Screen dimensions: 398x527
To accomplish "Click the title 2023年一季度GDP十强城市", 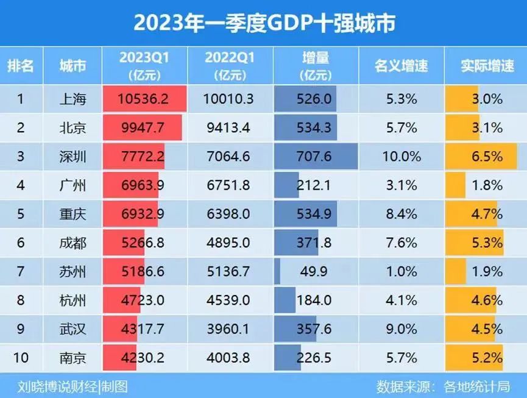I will tap(263, 23).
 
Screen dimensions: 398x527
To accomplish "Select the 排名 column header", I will tap(20, 66).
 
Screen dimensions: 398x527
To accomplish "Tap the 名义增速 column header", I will tap(401, 66).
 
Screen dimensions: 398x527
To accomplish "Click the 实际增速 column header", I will tap(487, 66).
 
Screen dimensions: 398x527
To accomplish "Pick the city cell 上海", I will tap(73, 99).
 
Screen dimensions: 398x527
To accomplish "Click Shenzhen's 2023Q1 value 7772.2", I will tap(142, 157).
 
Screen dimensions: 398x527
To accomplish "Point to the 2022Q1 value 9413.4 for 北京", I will tap(230, 128).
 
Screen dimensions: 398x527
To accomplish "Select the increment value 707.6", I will tap(315, 157).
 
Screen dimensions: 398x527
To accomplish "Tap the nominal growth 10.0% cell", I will tap(401, 157).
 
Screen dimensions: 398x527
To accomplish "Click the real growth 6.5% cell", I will tap(487, 157).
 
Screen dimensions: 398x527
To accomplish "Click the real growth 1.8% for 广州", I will tap(487, 185).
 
